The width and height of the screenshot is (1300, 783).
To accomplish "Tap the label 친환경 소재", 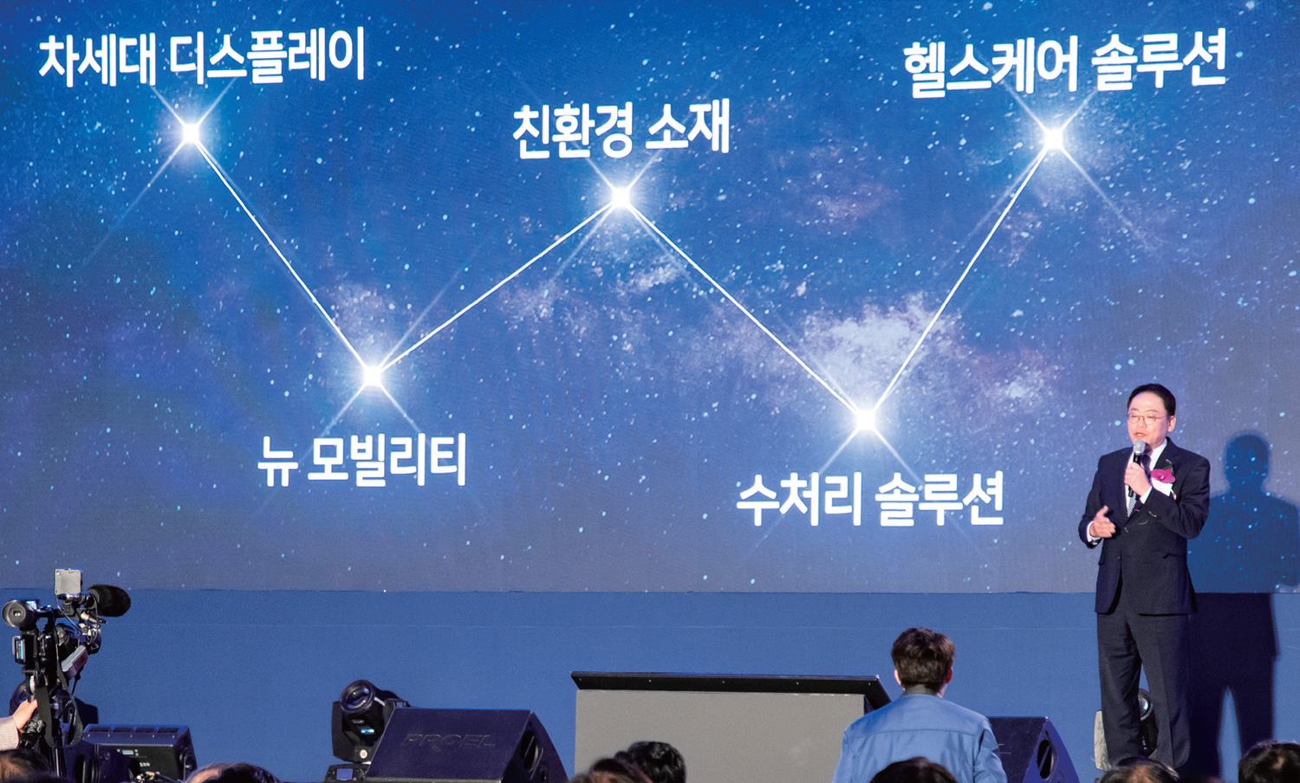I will [621, 130].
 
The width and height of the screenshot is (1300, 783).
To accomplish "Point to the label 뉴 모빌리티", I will [362, 460].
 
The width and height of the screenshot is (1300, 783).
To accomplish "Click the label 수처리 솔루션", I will [869, 500].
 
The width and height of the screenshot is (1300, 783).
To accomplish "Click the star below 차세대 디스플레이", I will [191, 133].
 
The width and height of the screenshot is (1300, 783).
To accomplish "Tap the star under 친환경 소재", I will [621, 198].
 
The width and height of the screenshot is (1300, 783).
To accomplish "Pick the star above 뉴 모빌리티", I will [373, 376].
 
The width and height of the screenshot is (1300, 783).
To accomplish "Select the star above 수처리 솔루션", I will [865, 420].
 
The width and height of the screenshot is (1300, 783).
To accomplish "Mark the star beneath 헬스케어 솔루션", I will [1054, 138].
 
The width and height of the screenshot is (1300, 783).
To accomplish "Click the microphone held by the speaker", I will [1137, 455].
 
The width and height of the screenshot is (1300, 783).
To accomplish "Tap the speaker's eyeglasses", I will [1147, 419].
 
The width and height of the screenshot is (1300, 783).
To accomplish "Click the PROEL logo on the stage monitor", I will [448, 741].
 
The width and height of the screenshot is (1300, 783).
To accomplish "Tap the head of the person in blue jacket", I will [923, 659].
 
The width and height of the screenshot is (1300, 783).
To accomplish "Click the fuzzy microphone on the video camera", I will [109, 600].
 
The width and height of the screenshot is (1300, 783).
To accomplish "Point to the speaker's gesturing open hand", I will [1102, 523].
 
